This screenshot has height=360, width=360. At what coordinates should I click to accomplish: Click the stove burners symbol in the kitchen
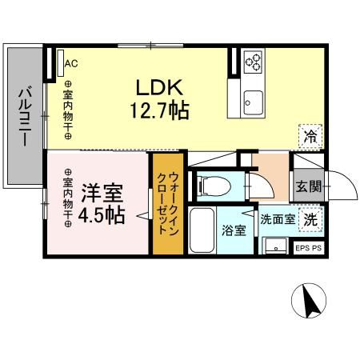[253, 62]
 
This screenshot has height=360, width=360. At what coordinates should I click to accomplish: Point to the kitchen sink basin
[254, 101]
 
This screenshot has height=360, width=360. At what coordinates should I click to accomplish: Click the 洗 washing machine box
[310, 217]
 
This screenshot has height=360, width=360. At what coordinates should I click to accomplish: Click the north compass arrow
[311, 302]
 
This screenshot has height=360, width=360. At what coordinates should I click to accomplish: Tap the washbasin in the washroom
[274, 245]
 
